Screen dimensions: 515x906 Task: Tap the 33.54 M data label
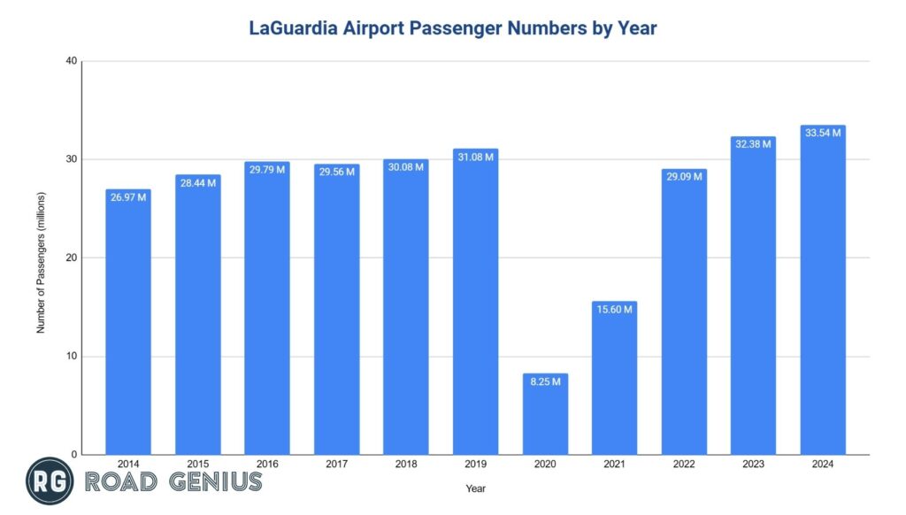tap(823, 133)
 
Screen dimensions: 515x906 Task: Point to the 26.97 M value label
tap(128, 196)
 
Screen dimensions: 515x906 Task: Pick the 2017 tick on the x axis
tap(336, 464)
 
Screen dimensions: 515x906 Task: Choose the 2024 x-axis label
tap(823, 464)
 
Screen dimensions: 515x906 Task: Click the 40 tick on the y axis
tap(72, 61)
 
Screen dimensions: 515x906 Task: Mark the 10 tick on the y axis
tap(72, 357)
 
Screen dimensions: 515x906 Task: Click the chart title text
tap(452, 28)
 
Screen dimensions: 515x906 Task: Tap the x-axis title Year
tap(475, 488)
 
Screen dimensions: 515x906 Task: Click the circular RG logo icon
tap(50, 482)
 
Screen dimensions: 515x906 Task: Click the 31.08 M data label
tap(475, 157)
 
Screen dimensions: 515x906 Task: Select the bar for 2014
tap(128, 327)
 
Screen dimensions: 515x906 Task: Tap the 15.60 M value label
tap(614, 309)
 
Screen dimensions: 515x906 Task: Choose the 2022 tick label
tap(684, 464)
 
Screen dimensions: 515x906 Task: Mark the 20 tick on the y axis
tap(72, 258)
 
